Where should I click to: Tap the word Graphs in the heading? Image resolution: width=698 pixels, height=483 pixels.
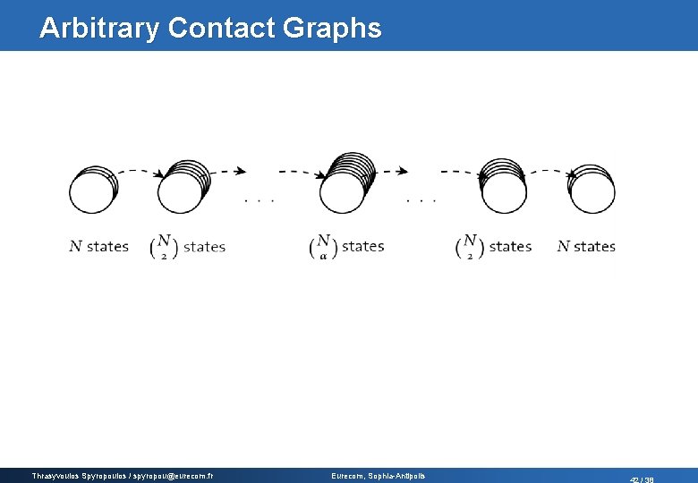(x=332, y=28)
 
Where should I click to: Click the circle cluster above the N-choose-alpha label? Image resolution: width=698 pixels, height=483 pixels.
(x=345, y=184)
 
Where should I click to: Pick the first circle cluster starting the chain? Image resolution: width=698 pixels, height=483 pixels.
(x=92, y=190)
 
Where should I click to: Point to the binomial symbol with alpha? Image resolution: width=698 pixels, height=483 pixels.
(x=323, y=247)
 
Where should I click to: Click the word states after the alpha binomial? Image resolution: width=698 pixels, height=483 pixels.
(x=362, y=246)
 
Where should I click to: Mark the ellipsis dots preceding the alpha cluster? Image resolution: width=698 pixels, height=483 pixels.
(x=259, y=200)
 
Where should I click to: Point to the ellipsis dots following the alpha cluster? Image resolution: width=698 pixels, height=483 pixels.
(x=421, y=200)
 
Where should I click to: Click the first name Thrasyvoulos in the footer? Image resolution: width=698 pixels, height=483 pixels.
(x=55, y=476)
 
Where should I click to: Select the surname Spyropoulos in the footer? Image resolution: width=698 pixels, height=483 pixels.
(x=108, y=476)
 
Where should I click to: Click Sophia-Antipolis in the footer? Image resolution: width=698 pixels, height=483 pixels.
(x=397, y=476)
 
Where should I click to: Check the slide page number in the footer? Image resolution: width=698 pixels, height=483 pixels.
(x=642, y=479)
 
